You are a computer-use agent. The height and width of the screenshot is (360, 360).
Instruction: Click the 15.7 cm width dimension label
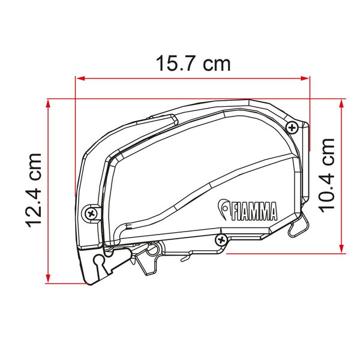(x=193, y=64)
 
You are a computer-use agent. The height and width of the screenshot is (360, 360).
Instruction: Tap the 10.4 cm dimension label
(x=326, y=176)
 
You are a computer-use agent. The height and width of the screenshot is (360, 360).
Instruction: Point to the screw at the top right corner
(x=292, y=127)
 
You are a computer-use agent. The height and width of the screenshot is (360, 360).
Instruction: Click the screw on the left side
(x=91, y=214)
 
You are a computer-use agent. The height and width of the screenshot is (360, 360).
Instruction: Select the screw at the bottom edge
(x=221, y=240)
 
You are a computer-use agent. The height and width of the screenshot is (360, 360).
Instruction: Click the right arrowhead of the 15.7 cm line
(x=304, y=79)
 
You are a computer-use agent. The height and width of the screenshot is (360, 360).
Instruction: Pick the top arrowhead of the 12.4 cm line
(x=48, y=104)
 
